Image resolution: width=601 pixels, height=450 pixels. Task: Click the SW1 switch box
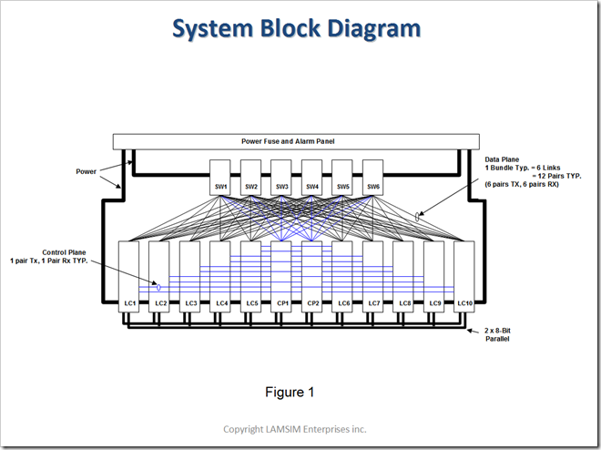click(221, 177)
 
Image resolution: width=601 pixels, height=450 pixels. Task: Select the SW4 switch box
click(312, 177)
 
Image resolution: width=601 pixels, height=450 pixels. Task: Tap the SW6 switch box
click(373, 177)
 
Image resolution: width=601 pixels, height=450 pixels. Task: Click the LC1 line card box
click(129, 277)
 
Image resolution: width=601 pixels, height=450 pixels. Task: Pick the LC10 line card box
click(464, 277)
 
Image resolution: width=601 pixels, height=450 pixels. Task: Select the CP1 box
click(281, 277)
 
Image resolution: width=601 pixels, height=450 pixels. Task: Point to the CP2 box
click(312, 277)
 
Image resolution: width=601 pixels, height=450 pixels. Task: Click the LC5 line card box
click(251, 277)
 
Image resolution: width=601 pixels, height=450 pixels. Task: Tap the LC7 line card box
click(373, 277)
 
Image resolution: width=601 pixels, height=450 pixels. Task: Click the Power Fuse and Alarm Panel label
click(297, 141)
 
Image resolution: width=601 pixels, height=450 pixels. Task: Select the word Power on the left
click(87, 170)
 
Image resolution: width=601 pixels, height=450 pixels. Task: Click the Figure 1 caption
click(290, 392)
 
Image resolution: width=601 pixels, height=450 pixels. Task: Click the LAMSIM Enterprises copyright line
click(296, 429)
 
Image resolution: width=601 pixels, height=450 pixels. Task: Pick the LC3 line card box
click(190, 277)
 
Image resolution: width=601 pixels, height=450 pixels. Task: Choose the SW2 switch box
click(251, 177)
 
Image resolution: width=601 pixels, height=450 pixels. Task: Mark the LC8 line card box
click(403, 277)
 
